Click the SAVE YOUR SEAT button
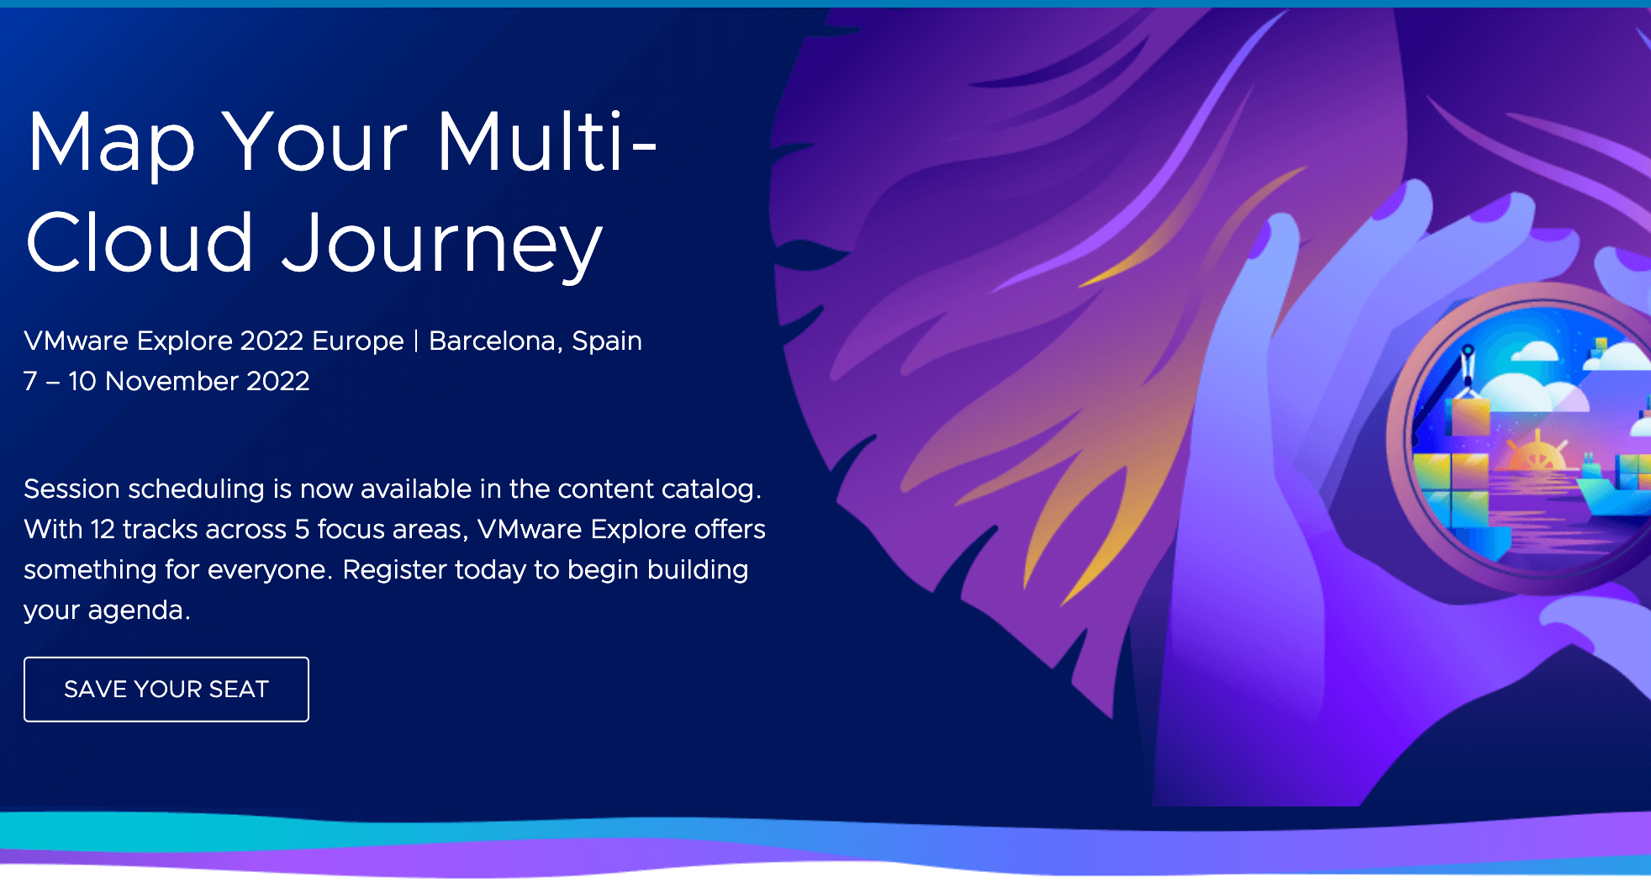[x=166, y=689]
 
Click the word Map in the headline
[x=111, y=144]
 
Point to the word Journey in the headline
[x=441, y=245]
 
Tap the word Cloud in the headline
[x=140, y=242]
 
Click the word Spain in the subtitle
[x=607, y=341]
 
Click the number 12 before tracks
[x=103, y=529]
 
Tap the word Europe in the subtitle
[x=358, y=341]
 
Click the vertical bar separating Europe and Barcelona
[x=416, y=341]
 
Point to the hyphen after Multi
[x=644, y=151]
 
